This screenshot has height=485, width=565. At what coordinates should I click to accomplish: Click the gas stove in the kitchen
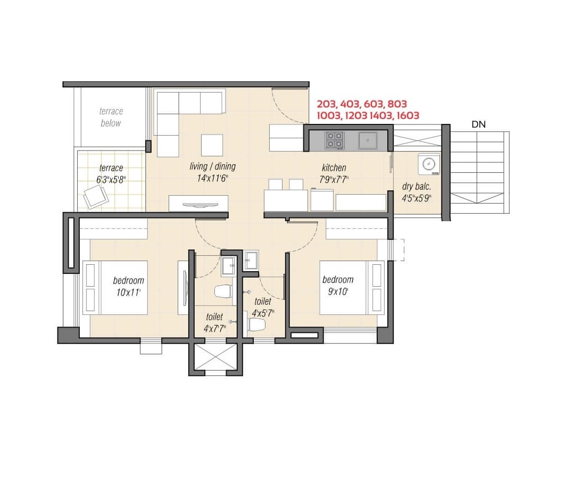click(x=335, y=140)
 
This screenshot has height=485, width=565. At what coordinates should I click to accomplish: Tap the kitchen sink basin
click(x=368, y=140)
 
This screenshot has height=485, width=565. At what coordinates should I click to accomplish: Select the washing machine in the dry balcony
click(x=429, y=164)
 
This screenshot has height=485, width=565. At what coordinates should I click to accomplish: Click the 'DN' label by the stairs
click(x=478, y=124)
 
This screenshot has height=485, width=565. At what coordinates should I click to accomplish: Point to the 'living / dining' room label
click(x=213, y=166)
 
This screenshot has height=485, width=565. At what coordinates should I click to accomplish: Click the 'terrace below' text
click(x=111, y=117)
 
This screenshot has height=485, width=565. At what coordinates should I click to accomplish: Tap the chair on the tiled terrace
click(x=96, y=196)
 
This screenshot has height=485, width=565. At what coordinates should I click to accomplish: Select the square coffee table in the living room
click(x=212, y=145)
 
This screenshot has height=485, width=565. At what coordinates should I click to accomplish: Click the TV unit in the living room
click(x=198, y=204)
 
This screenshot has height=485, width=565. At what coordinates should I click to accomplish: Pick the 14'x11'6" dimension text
click(x=213, y=178)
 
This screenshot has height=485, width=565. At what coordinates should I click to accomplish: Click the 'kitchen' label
click(x=334, y=168)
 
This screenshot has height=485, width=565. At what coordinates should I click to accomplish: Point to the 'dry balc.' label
click(x=417, y=187)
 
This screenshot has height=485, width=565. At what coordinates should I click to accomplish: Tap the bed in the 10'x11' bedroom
click(x=115, y=288)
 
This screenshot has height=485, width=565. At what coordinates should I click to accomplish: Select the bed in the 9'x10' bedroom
click(x=352, y=287)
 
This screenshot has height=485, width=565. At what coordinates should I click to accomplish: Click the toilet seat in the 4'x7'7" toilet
click(x=223, y=291)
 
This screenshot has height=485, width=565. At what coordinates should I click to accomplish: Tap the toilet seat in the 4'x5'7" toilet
click(x=256, y=325)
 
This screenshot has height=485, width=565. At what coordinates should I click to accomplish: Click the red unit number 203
click(x=327, y=104)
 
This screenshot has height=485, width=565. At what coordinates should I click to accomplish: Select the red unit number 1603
click(x=408, y=115)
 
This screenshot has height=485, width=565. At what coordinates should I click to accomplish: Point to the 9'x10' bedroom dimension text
click(x=338, y=291)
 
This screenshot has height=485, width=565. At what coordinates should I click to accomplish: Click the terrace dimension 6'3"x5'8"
click(x=111, y=179)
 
